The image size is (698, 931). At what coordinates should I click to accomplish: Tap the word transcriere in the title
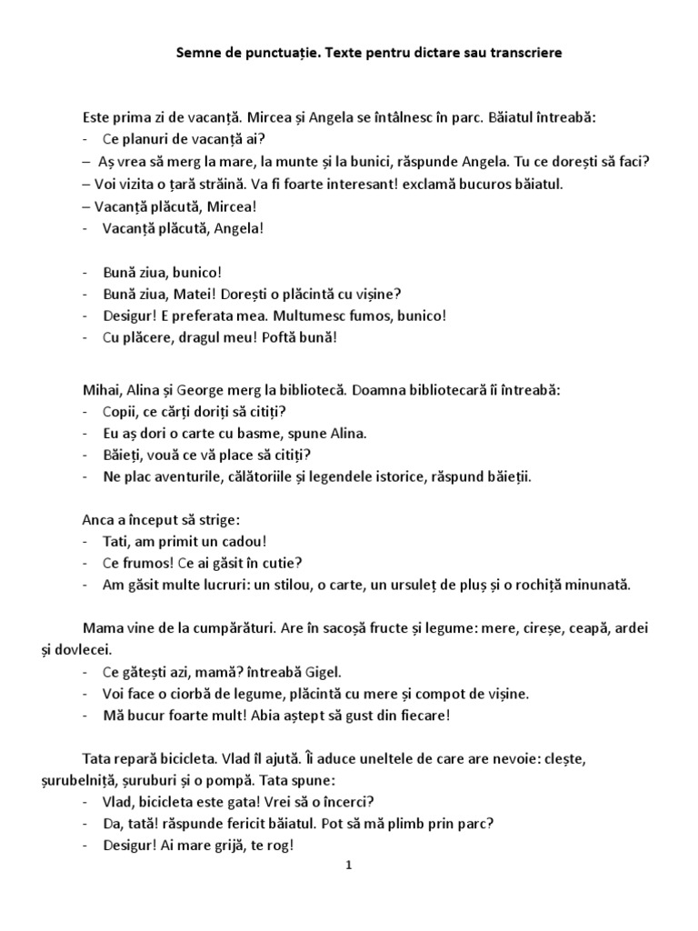pyautogui.click(x=523, y=54)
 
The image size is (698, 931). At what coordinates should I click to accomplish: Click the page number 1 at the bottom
pyautogui.click(x=348, y=866)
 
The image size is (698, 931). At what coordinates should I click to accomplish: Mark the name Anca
pyautogui.click(x=97, y=520)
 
